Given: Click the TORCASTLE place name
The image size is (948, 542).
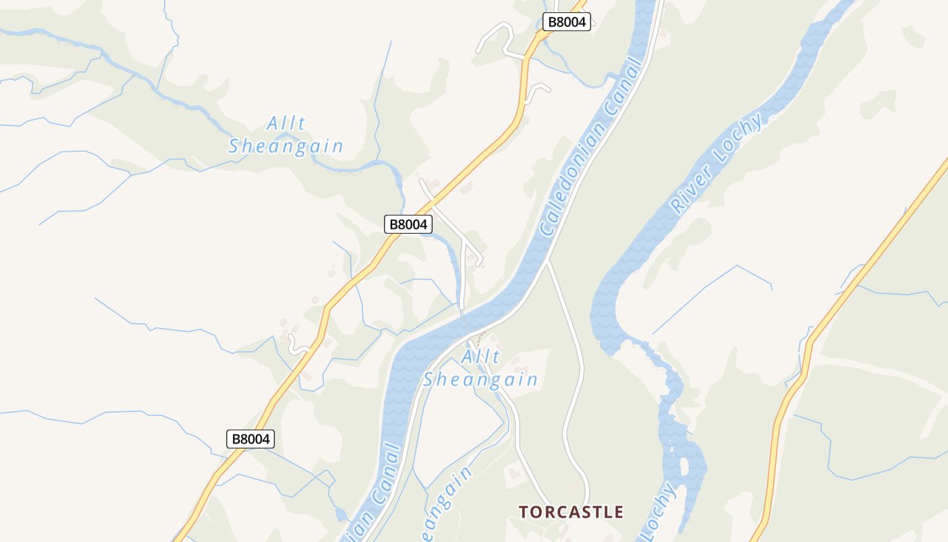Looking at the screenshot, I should (571, 512).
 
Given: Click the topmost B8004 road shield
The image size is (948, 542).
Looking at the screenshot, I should (566, 22).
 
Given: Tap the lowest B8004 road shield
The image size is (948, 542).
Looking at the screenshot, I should (251, 439).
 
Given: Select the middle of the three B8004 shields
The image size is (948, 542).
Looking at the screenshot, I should (408, 224).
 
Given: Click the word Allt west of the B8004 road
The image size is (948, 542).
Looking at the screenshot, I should (286, 124).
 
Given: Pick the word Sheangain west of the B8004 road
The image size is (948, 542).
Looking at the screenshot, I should (286, 146).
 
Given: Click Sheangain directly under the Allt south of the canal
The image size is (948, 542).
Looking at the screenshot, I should (480, 379).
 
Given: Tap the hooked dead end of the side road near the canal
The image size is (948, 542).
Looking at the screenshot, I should (479, 261).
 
